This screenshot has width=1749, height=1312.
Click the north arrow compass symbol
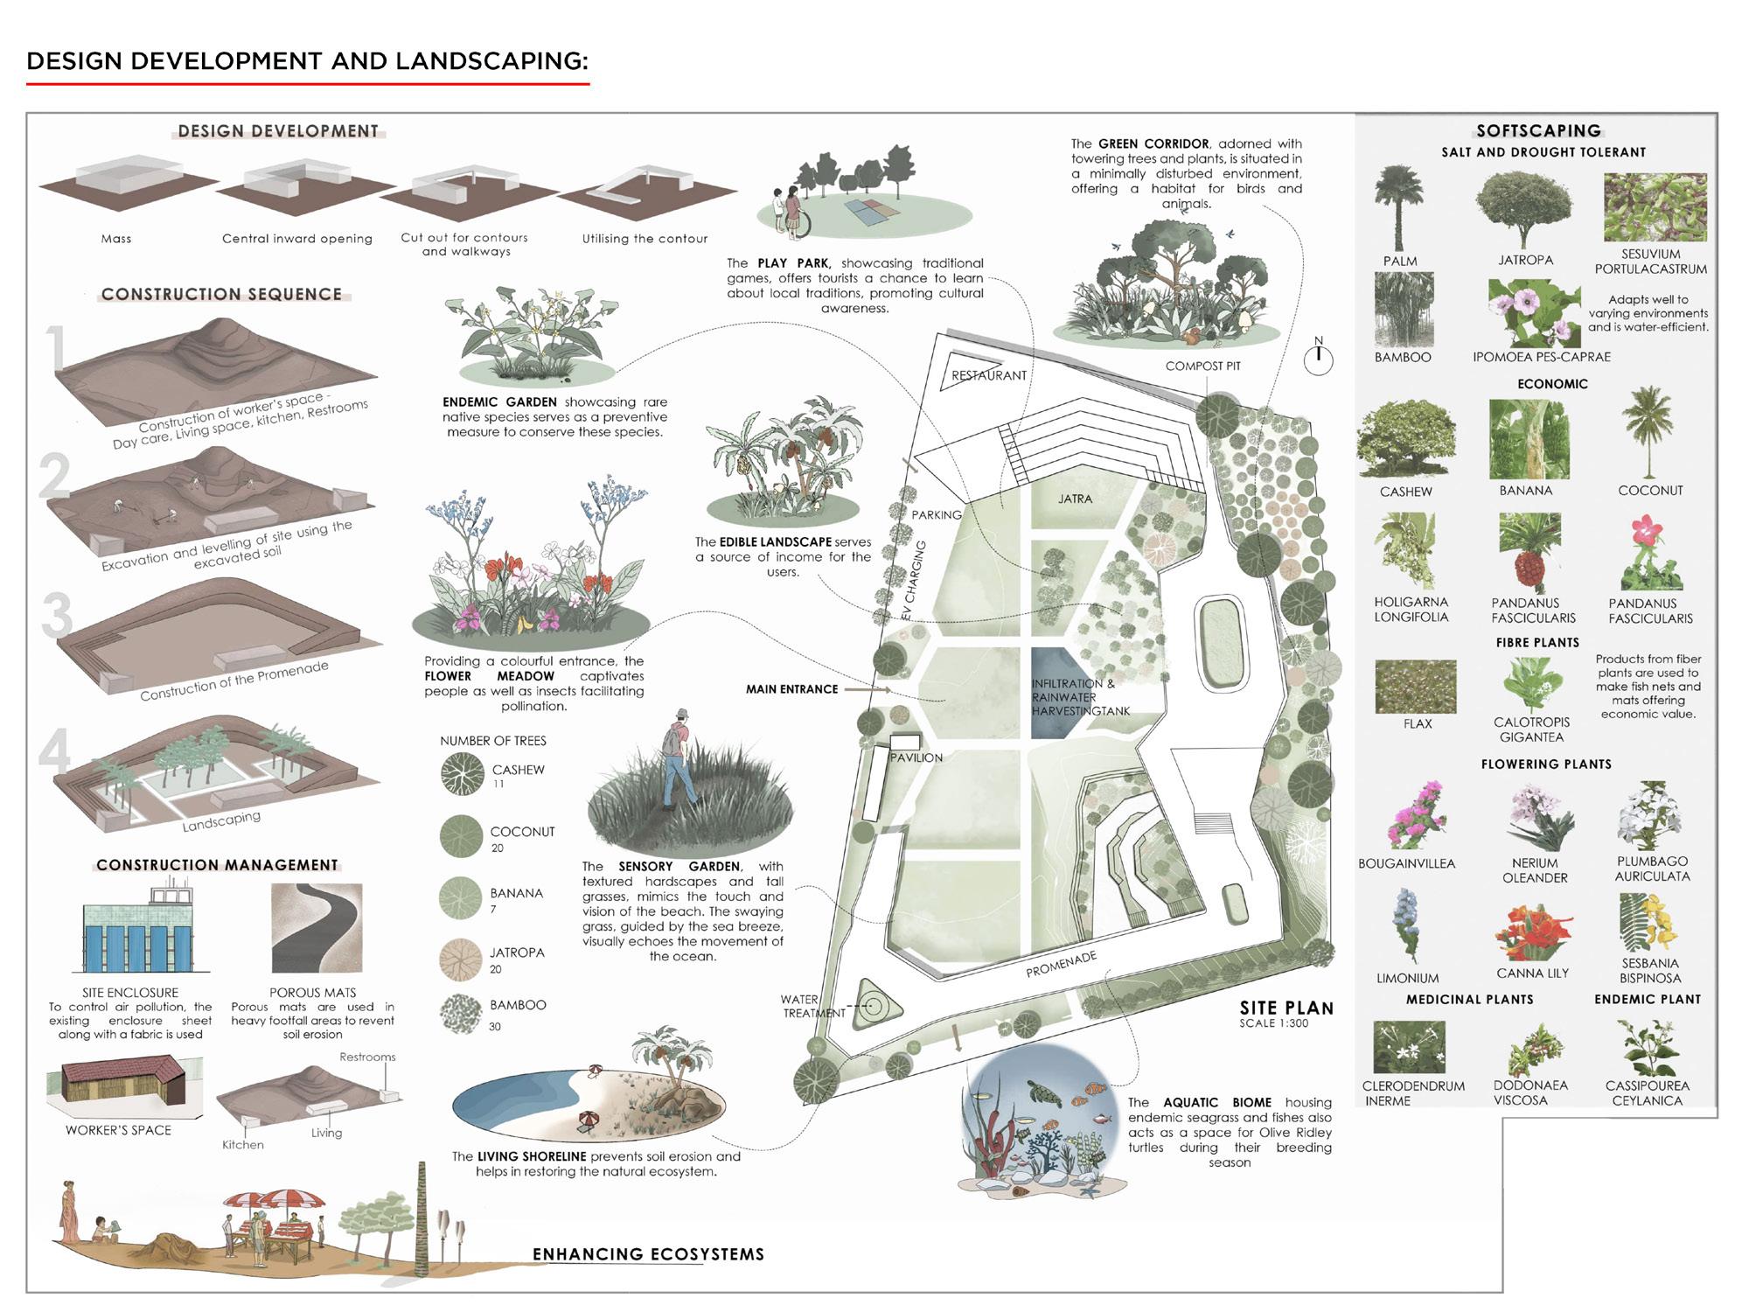tap(1318, 359)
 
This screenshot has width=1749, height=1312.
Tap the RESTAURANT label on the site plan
tap(988, 375)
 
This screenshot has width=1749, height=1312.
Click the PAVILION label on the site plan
tap(916, 757)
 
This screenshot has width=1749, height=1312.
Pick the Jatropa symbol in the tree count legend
tap(461, 959)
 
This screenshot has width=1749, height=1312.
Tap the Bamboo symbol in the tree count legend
tap(461, 1015)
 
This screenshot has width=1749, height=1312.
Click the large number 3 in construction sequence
tap(57, 616)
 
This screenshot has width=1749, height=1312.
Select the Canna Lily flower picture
tap(1533, 934)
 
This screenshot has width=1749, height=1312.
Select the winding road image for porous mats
tap(316, 929)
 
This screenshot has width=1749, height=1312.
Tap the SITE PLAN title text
tap(1286, 1008)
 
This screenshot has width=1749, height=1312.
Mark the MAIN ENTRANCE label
tap(791, 689)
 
